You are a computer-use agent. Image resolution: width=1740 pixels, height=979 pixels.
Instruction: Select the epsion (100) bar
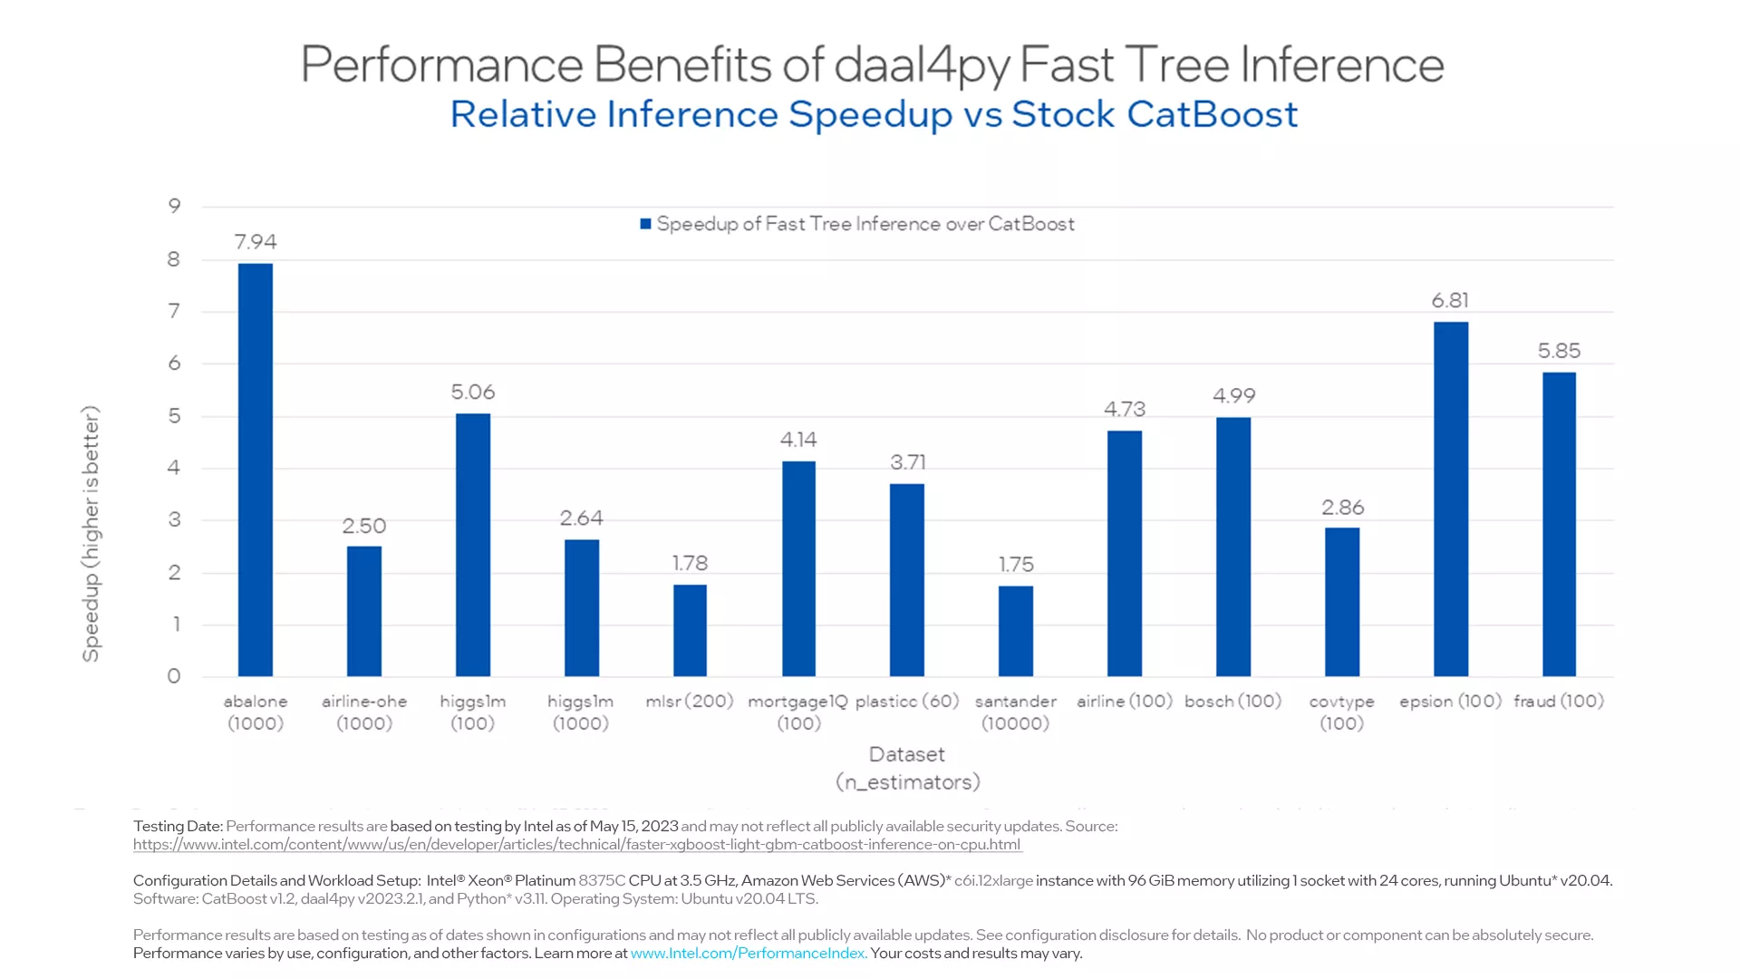point(1450,499)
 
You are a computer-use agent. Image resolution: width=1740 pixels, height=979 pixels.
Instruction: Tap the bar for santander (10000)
point(1015,631)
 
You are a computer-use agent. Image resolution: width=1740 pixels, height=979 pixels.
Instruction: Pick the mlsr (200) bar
point(690,630)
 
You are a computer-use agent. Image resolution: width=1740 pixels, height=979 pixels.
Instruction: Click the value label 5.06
point(473,392)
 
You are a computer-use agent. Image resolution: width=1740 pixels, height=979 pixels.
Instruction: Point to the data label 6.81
point(1450,300)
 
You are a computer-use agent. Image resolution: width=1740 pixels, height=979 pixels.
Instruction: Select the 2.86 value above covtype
point(1342,507)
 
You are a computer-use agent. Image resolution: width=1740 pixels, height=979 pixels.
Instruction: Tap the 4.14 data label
point(798,440)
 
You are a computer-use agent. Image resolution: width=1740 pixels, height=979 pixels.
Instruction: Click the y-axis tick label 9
point(174,206)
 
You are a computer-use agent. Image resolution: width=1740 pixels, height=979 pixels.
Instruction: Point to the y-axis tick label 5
point(174,416)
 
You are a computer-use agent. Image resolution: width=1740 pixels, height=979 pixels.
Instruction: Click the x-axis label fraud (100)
point(1559,701)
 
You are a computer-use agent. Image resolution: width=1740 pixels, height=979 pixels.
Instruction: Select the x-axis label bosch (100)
point(1232,701)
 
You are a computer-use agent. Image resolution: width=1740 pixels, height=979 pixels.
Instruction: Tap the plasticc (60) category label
point(907,701)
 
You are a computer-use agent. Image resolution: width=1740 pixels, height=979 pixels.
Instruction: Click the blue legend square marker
point(646,224)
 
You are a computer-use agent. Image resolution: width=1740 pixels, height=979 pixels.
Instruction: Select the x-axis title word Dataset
point(906,754)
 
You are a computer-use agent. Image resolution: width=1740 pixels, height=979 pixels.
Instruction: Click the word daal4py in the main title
point(921,65)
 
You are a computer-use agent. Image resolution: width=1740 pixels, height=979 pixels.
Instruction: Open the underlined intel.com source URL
point(577,844)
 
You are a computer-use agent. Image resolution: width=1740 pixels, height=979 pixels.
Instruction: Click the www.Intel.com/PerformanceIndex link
point(748,953)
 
